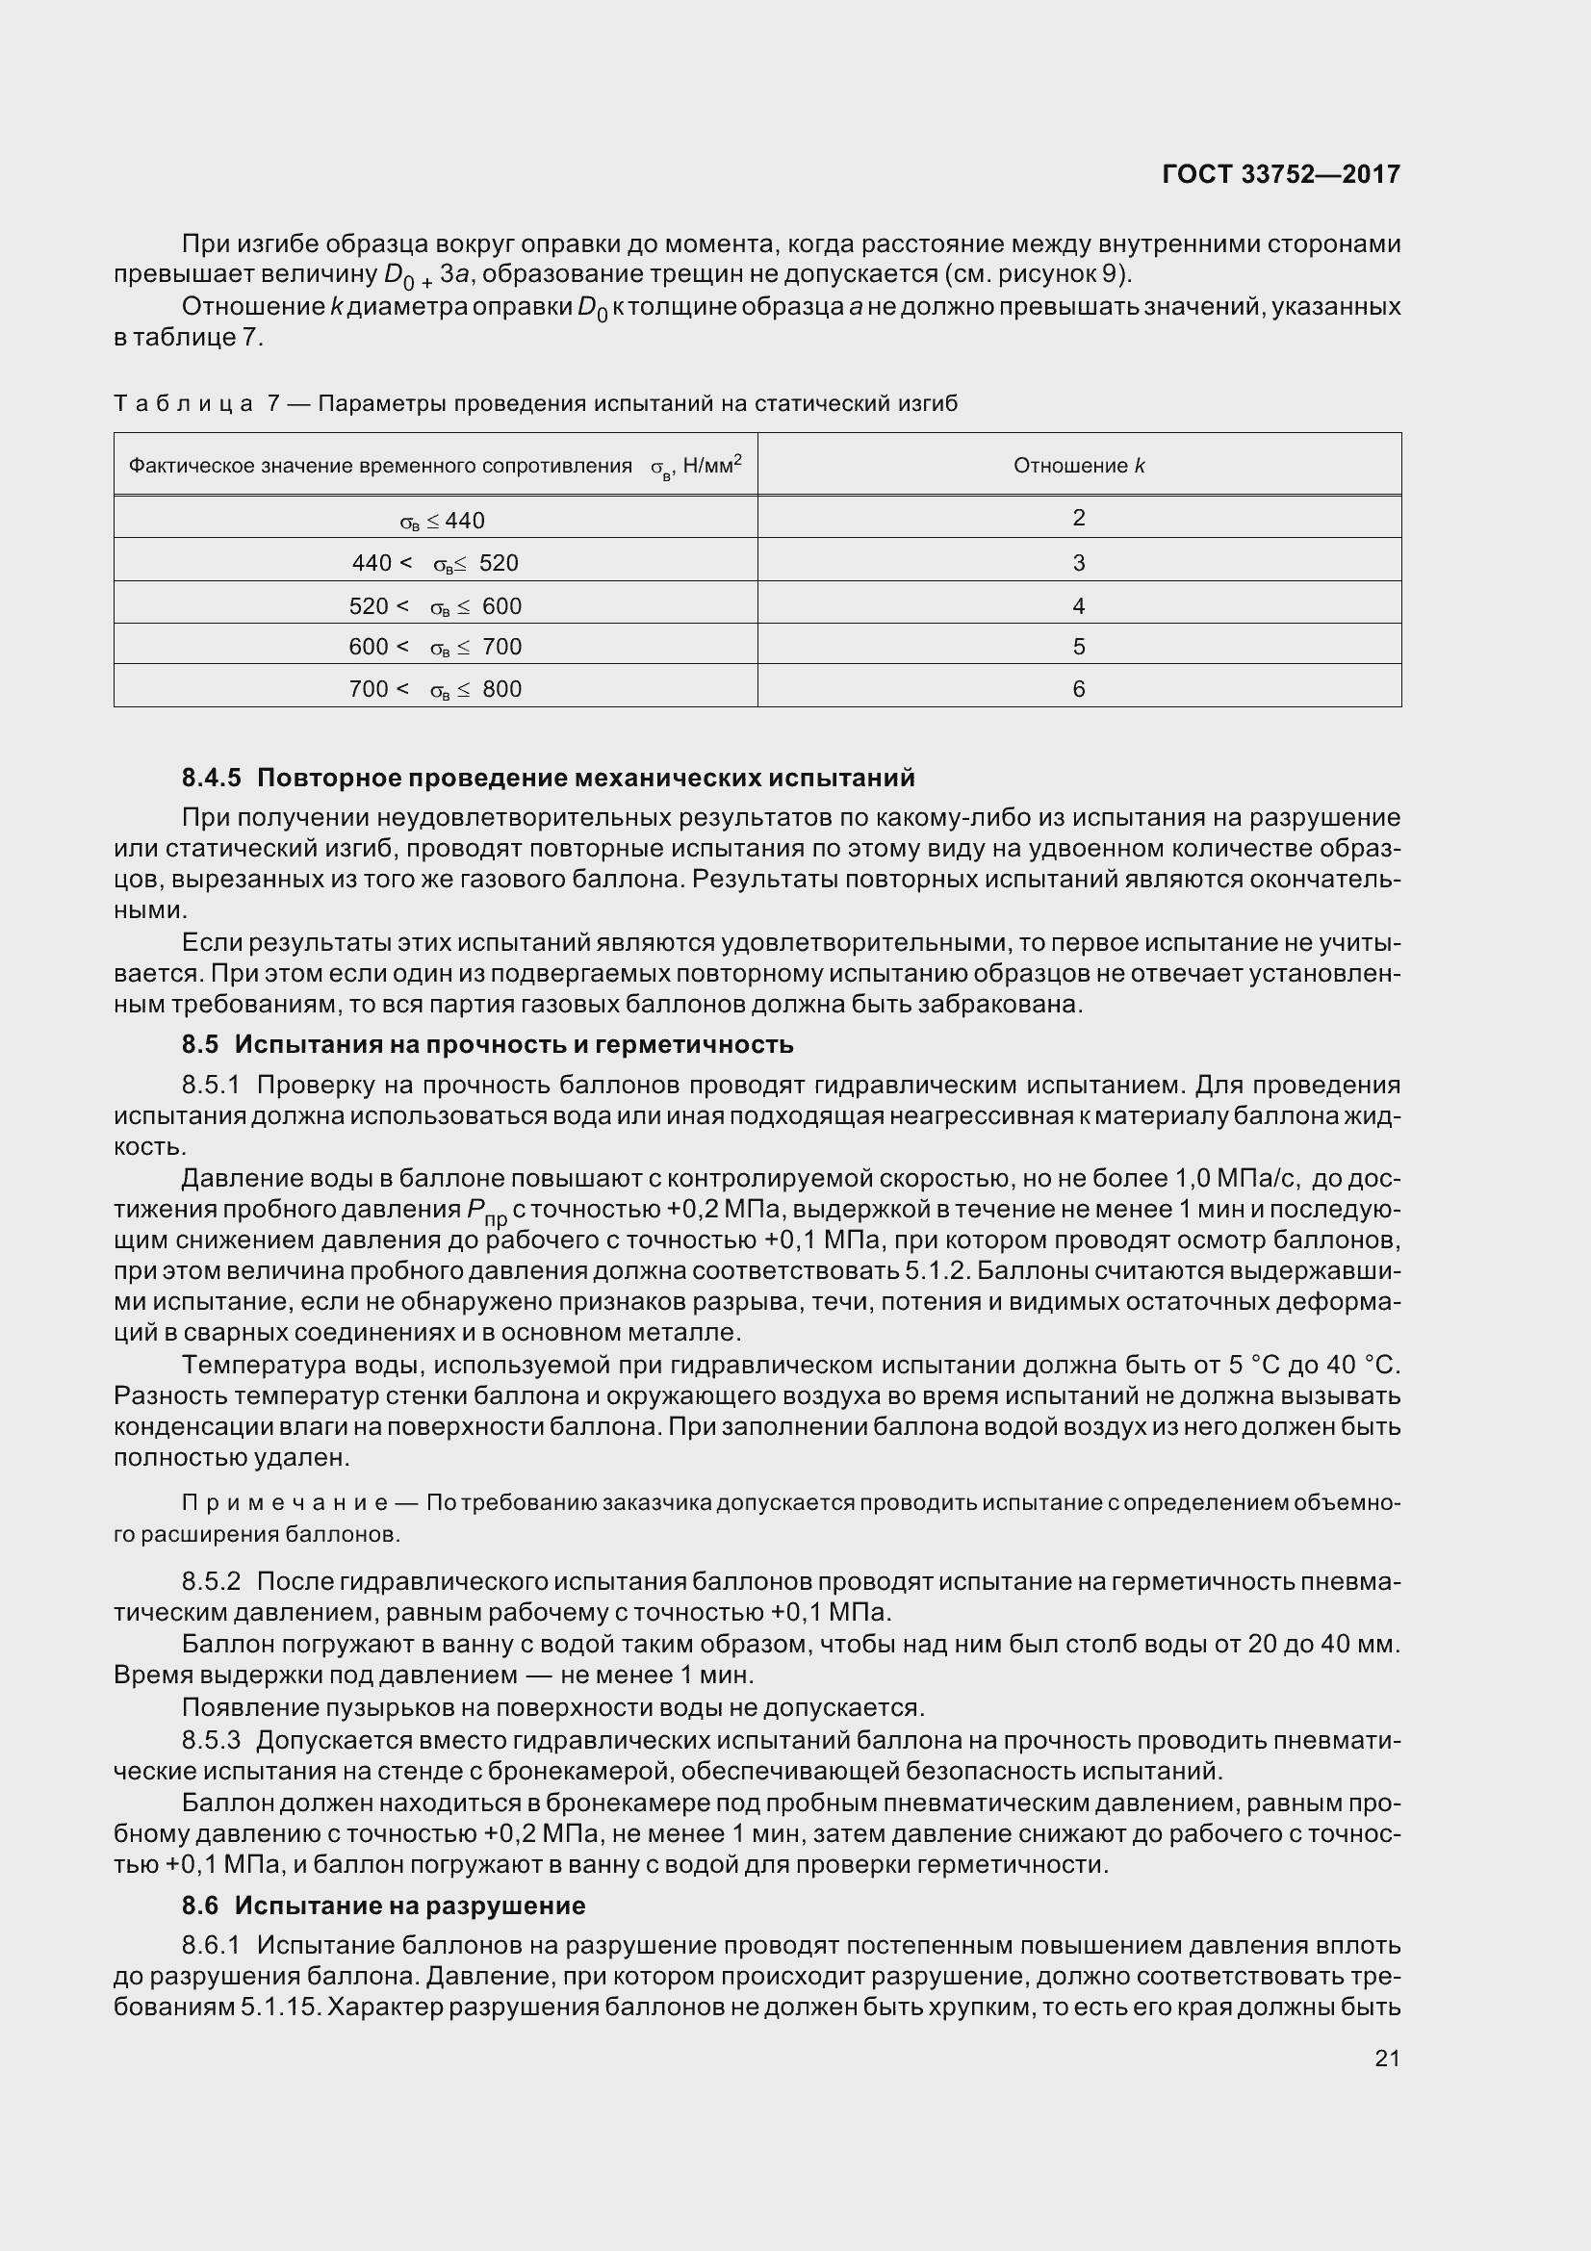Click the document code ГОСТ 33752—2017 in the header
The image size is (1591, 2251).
tap(1280, 174)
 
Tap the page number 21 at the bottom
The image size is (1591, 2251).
tap(1387, 2058)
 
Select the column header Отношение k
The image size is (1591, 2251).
tap(1078, 466)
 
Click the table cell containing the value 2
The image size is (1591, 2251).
tap(1078, 518)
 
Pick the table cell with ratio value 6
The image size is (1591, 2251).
tap(1078, 689)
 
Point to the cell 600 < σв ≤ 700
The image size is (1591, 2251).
tap(435, 647)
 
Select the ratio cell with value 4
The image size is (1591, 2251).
tap(1078, 606)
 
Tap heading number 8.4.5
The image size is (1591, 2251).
tap(211, 779)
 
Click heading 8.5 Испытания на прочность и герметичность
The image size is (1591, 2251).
tap(486, 1045)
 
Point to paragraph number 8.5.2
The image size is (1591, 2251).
tap(211, 1581)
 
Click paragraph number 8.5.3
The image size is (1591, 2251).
tap(211, 1740)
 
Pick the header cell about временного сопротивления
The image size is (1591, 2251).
tap(435, 466)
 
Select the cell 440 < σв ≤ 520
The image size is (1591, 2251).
tap(435, 564)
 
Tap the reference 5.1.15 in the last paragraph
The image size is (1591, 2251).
tap(280, 2007)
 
